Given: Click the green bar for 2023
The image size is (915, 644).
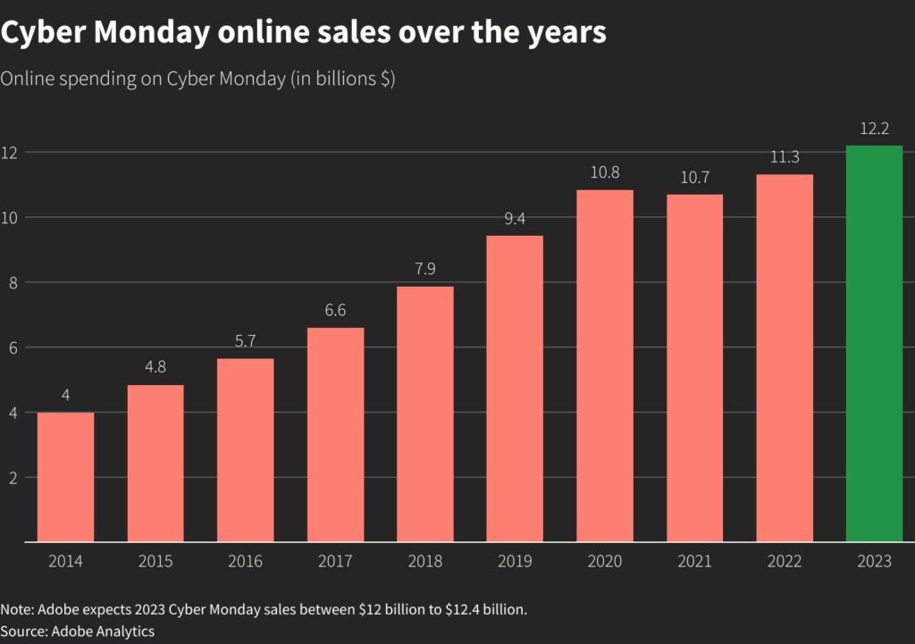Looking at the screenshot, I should click(874, 344).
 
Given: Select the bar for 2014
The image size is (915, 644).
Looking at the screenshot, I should click(65, 477).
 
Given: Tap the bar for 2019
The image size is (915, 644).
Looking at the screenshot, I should click(515, 389).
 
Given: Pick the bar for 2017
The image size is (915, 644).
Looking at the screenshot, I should click(335, 434).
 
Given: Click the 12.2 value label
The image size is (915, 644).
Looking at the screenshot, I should click(874, 129).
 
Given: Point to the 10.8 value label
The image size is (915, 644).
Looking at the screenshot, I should click(605, 172).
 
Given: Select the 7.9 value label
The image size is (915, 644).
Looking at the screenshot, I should click(425, 269).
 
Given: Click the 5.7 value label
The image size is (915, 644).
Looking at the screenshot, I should click(246, 341).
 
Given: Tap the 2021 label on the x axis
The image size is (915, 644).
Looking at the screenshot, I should click(694, 562).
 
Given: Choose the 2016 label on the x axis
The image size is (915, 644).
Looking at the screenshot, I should click(246, 562).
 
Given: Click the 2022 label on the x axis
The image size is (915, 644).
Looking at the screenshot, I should click(785, 562).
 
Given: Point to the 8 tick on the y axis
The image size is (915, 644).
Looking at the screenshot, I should click(9, 282).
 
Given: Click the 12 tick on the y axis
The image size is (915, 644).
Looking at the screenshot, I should click(9, 153).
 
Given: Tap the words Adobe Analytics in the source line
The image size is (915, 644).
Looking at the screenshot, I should click(104, 631).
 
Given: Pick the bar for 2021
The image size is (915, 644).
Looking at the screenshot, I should click(694, 368).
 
